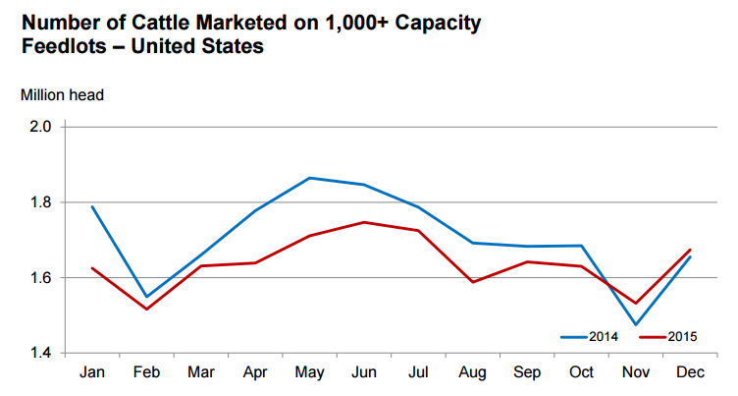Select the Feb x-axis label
pyautogui.click(x=145, y=374)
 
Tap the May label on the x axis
pyautogui.click(x=310, y=374)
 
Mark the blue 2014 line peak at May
pyautogui.click(x=310, y=178)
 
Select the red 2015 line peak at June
pyautogui.click(x=365, y=222)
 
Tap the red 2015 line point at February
pyautogui.click(x=145, y=310)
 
